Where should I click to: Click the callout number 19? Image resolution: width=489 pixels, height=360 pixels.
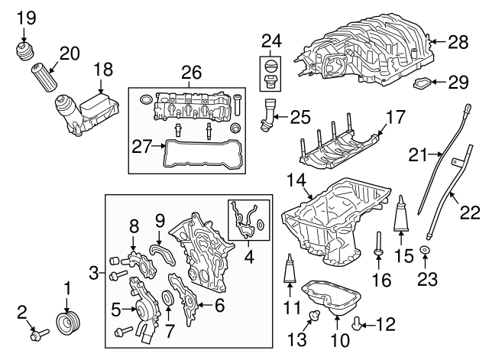[x=26, y=16]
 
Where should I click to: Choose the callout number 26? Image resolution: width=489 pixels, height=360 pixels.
[x=190, y=73]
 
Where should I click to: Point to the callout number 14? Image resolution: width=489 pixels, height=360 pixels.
[x=296, y=180]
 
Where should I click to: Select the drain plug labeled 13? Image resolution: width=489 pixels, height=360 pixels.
[x=313, y=316]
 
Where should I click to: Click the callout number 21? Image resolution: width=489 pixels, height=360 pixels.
[x=417, y=155]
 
